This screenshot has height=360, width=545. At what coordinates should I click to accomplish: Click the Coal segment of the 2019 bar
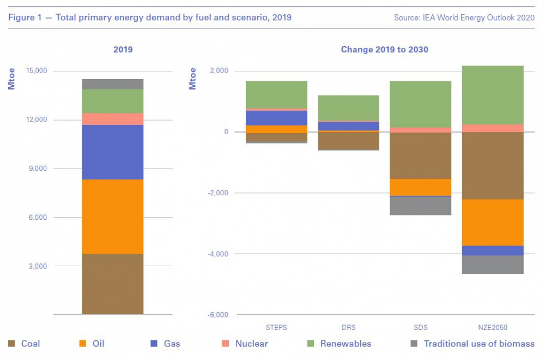[x=113, y=284]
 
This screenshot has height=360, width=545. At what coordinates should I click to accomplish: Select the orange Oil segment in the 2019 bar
[x=113, y=217]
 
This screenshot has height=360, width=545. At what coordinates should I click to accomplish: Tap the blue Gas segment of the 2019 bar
[x=113, y=152]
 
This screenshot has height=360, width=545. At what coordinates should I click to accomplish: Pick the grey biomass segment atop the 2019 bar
[x=113, y=84]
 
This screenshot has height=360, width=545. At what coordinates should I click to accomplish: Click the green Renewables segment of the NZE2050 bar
[x=493, y=95]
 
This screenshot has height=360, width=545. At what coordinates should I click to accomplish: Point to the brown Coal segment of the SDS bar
[x=420, y=155]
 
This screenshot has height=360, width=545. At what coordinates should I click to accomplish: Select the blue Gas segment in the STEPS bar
[x=276, y=118]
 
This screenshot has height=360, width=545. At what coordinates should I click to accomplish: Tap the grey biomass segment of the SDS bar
[x=420, y=206]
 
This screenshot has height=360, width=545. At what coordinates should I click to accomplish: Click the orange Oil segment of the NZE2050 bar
[x=493, y=223]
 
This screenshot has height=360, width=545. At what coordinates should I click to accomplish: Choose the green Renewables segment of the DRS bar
[x=349, y=108]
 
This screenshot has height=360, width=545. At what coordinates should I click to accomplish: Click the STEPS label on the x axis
[x=276, y=328]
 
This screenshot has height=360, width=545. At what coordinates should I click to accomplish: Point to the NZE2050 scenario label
[x=493, y=328]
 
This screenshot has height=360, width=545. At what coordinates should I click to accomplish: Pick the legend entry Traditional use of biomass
[x=479, y=344]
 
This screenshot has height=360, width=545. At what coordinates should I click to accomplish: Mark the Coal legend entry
[x=31, y=344]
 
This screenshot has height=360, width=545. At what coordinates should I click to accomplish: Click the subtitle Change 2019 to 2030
[x=384, y=50]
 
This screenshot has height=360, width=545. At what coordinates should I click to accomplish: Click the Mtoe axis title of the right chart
[x=192, y=79]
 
